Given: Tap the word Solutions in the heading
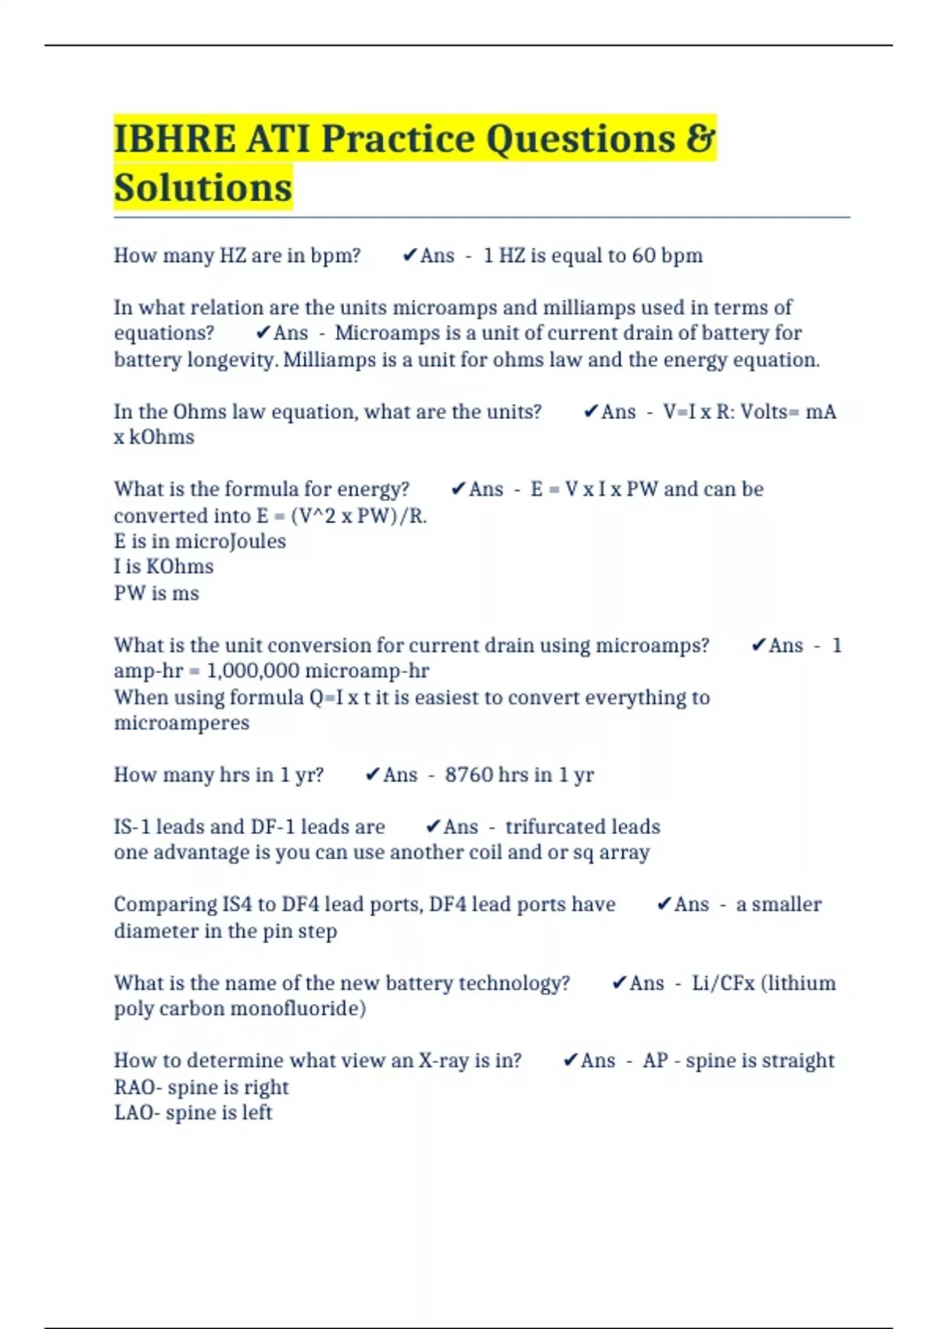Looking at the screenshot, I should coord(202,188).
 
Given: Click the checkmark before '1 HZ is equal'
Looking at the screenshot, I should coord(409,256).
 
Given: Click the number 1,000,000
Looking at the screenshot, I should coord(252,671).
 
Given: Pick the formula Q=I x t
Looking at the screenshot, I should coord(339,697).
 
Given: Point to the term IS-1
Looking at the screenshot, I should coord(131,827).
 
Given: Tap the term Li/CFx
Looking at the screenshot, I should coord(723,983).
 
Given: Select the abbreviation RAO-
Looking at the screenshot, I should coord(138,1087).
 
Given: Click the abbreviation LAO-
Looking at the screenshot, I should coord(137,1112).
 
